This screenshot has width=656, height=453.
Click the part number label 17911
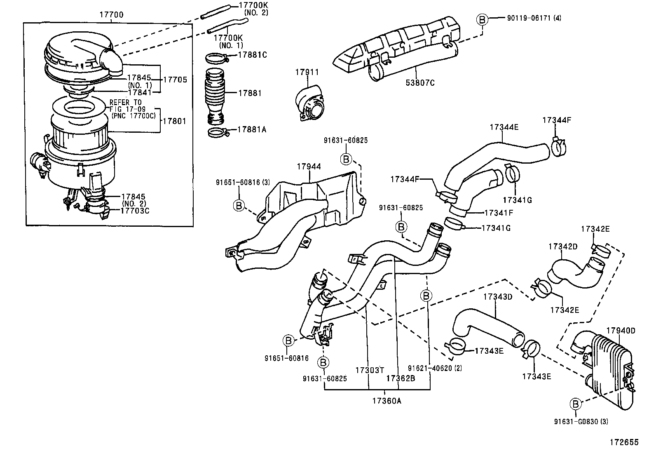click(307, 72)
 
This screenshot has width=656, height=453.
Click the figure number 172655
click(624, 442)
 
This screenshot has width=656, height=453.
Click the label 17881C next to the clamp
click(252, 54)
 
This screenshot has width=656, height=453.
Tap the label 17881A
click(252, 129)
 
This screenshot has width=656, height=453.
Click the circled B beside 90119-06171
click(482, 19)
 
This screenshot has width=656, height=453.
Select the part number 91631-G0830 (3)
click(581, 421)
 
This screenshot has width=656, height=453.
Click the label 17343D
click(497, 296)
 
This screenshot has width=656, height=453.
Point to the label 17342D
click(563, 246)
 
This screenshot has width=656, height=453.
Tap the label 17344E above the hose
click(504, 127)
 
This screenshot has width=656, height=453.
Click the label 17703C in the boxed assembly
click(135, 210)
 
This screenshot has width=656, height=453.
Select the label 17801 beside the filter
click(175, 121)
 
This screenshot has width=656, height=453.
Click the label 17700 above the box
click(111, 15)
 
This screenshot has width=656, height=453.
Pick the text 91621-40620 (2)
click(435, 368)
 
